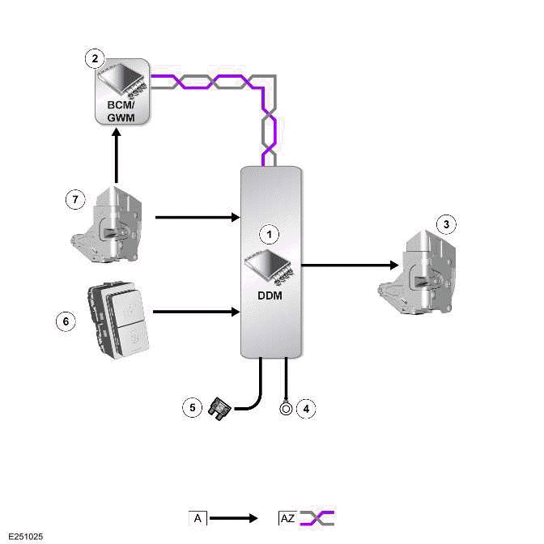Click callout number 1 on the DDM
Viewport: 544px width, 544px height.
coord(272,234)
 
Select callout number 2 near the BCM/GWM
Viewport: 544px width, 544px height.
coord(96,57)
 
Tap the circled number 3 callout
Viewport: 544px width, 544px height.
coord(444,223)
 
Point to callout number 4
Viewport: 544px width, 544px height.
coord(305,408)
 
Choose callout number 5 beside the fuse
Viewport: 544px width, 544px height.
coord(192,407)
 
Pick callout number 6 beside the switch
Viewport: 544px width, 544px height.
coord(65,321)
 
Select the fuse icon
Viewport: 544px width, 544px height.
coord(219,406)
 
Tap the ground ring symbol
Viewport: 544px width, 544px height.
coord(286,408)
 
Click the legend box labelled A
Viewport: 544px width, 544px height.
coord(198,517)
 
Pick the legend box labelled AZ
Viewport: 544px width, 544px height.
coord(287,517)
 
